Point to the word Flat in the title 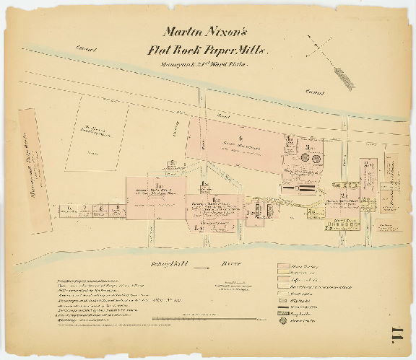pyautogui.click(x=160, y=51)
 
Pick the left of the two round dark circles pyautogui.click(x=306, y=157)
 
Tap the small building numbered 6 pyautogui.click(x=68, y=209)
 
